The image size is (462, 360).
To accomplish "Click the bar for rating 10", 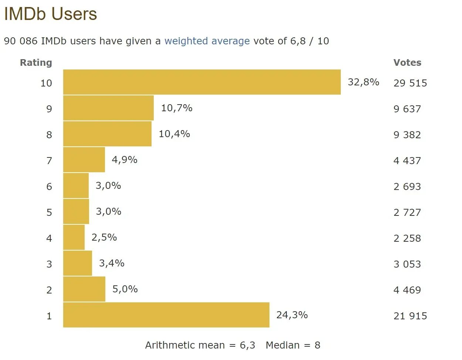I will click(202, 82).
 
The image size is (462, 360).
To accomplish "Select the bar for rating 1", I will click(166, 315).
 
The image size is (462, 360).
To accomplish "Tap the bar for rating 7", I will click(84, 160).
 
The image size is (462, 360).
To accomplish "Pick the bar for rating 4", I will click(74, 237).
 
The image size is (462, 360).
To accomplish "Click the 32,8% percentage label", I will click(363, 82).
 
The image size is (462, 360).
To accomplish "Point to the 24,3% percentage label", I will click(292, 315).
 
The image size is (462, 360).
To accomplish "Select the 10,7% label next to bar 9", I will click(177, 108).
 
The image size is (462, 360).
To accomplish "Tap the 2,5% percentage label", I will click(104, 237).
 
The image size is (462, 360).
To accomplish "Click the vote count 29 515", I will click(410, 83).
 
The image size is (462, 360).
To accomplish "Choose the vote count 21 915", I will click(410, 316).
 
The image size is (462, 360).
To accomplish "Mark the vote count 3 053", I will click(407, 264).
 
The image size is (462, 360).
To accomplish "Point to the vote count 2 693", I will click(407, 187).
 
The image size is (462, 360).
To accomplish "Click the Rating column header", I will click(36, 62).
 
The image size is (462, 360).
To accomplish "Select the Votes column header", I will click(407, 62).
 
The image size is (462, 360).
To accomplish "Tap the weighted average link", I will click(207, 41).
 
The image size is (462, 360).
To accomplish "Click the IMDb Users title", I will click(50, 14).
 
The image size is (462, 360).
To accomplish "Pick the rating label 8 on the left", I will click(49, 135).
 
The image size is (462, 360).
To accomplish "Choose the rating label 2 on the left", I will click(49, 290).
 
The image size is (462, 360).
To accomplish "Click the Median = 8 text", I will click(293, 345).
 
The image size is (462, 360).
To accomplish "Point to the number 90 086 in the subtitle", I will click(21, 41).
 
